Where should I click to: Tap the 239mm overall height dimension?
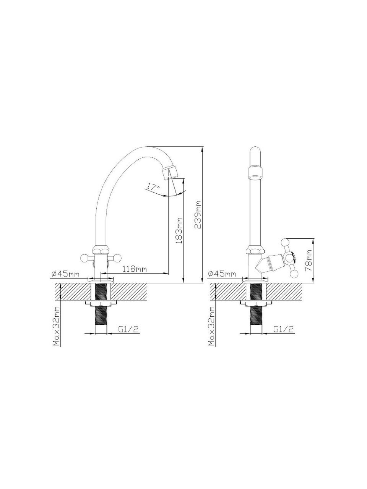click(x=197, y=215)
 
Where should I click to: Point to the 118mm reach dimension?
click(x=135, y=269)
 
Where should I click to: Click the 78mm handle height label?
click(x=309, y=260)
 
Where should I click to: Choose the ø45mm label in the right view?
click(x=221, y=274)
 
